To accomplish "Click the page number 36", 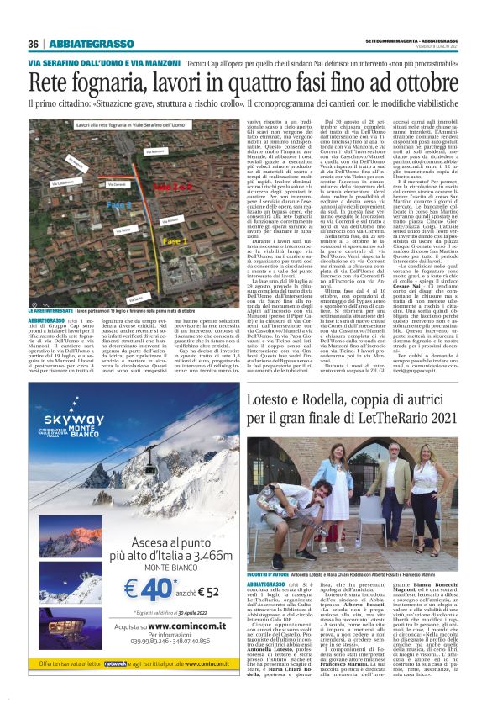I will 34,45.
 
